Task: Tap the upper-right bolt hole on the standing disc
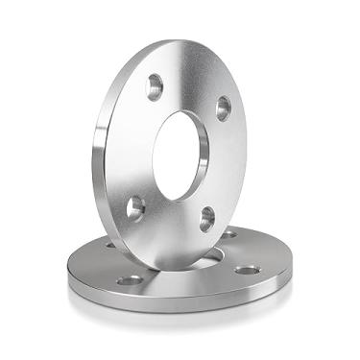pos(223,108)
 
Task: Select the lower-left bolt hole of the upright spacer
pos(135,206)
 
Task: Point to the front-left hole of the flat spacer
pos(129,280)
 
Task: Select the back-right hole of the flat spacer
pos(230,233)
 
